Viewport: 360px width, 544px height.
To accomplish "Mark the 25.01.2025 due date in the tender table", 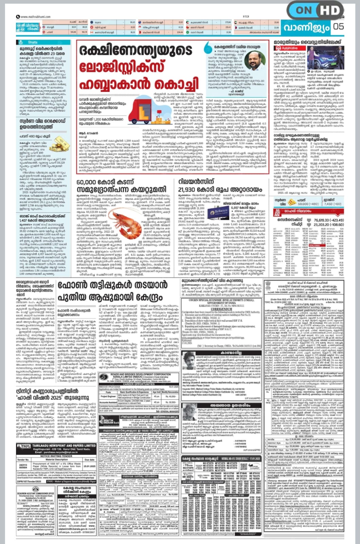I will coord(89,466).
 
